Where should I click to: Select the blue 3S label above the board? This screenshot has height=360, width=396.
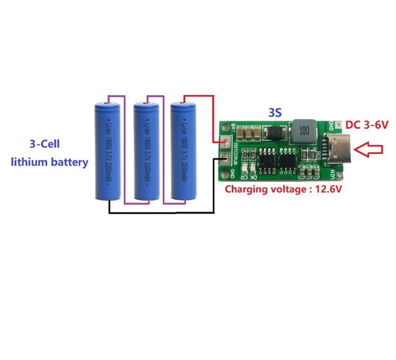click(x=275, y=113)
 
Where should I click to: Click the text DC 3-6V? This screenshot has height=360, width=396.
click(x=367, y=125)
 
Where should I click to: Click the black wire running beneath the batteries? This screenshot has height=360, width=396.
click(x=161, y=213)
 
